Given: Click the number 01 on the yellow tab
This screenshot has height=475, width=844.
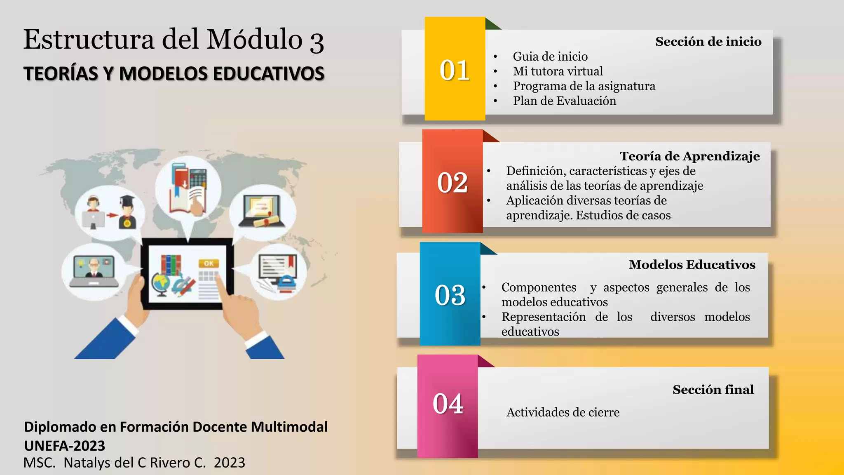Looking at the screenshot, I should pos(455,70).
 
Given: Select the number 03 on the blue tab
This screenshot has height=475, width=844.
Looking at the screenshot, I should pos(450,295).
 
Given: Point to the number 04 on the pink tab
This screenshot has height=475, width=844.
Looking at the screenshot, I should pos(448,404).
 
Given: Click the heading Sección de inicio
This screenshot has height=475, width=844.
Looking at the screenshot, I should pos(708,42).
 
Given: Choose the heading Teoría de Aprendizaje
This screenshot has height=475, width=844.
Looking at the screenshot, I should pos(689,156).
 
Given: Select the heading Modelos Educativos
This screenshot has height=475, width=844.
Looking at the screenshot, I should pos(692,265).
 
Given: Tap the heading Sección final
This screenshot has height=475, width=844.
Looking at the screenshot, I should pos(713,390).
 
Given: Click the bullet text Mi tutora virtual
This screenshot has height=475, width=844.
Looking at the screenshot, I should pos(558,71).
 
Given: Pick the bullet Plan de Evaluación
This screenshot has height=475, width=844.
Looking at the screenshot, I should pos(564,101).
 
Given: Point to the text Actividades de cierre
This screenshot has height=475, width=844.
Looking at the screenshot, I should pos(563,412).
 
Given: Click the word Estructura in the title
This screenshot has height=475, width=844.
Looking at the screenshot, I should pos(89,40).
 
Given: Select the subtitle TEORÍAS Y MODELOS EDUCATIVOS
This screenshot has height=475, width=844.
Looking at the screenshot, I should pos(173,74).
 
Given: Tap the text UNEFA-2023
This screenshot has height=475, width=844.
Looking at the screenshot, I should pos(65,446).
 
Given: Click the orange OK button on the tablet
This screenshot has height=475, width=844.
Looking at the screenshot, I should pos(209,263).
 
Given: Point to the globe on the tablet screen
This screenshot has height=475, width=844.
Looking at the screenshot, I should pos(160,284).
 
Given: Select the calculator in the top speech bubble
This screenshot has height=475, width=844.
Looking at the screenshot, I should pos(198,178).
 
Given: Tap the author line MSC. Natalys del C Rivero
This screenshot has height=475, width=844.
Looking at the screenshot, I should pos(134,463).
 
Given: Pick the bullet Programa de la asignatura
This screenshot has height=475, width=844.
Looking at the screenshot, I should pos(584,86).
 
